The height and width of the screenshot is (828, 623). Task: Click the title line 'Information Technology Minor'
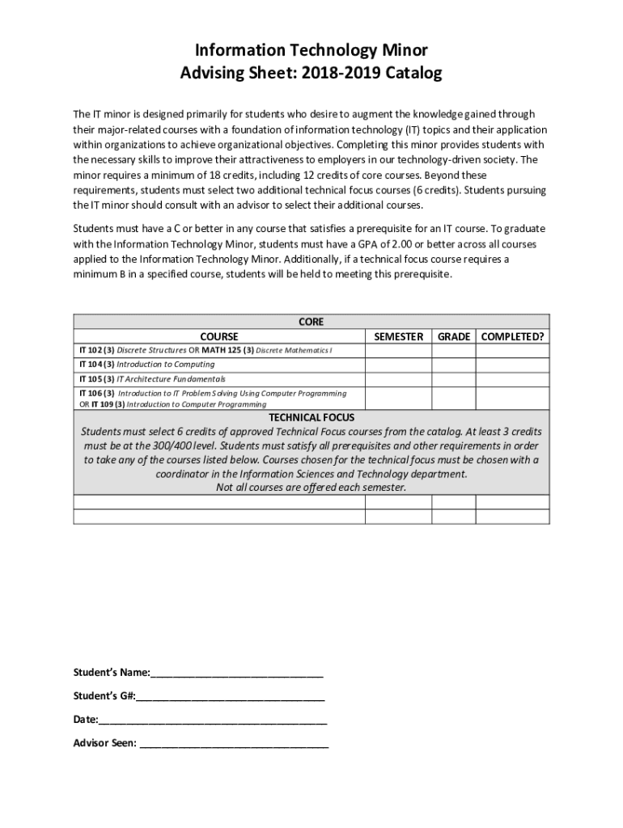311,50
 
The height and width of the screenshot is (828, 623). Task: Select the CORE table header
311,322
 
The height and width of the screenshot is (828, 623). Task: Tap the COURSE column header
219,336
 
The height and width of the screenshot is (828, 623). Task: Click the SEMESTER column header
398,336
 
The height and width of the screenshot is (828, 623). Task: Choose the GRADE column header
454,336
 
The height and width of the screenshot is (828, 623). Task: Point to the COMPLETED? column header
513,336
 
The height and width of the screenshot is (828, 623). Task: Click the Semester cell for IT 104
398,365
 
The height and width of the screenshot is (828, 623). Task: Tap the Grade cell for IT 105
454,378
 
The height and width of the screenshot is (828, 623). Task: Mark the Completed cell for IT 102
513,350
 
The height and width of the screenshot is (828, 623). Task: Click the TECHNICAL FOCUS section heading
311,417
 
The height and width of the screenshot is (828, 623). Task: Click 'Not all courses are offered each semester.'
311,488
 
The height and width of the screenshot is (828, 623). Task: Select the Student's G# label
104,696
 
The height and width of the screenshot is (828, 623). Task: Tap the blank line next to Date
214,720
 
